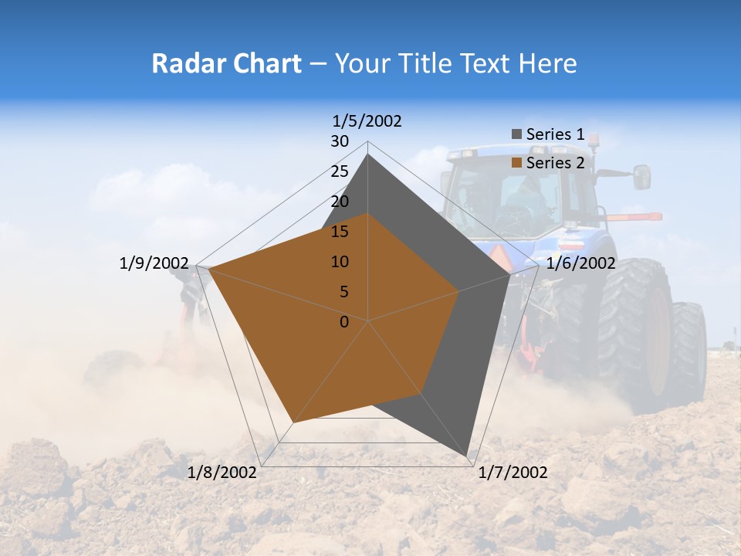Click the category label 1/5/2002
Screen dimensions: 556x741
367,121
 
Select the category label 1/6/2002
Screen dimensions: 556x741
580,263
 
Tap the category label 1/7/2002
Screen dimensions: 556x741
513,473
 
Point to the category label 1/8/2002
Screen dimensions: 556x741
222,473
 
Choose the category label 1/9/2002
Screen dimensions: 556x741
154,263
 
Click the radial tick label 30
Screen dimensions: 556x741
340,141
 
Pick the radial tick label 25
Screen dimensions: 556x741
340,171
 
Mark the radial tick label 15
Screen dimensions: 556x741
340,232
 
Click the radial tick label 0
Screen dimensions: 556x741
344,322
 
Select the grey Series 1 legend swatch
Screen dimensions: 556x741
516,134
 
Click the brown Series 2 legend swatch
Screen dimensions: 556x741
516,163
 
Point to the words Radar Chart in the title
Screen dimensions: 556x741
226,63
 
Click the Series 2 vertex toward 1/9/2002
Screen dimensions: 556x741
209,269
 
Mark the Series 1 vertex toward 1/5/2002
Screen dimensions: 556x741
368,154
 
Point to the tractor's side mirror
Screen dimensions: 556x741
642,177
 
